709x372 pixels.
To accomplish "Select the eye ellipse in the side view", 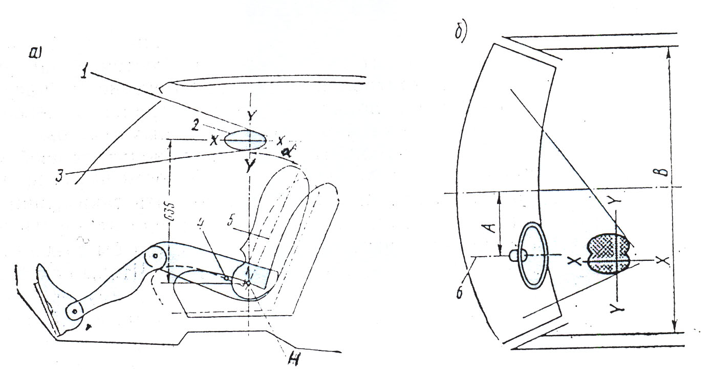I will pyautogui.click(x=245, y=140).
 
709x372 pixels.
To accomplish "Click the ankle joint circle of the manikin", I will pyautogui.click(x=75, y=311).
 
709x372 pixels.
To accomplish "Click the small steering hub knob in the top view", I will pyautogui.click(x=513, y=255).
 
